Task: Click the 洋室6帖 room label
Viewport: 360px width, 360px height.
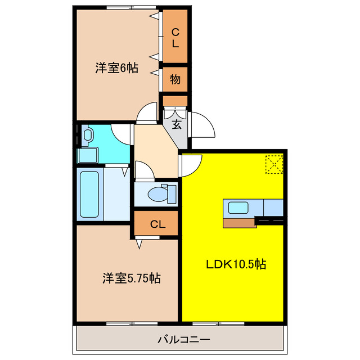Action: (116, 68)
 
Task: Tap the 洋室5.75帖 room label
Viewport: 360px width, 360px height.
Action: (131, 278)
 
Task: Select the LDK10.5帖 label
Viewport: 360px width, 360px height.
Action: (235, 264)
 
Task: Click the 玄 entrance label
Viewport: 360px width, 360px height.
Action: (176, 124)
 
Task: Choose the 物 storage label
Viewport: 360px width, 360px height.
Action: (175, 79)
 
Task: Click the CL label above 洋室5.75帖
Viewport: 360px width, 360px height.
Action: (157, 224)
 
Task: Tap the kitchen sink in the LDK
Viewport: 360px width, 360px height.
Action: (238, 207)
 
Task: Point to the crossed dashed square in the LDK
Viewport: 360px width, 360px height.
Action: (274, 164)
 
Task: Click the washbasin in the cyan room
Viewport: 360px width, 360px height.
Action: (88, 135)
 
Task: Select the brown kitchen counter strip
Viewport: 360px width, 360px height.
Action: (240, 222)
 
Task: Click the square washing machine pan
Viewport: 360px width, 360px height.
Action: (88, 155)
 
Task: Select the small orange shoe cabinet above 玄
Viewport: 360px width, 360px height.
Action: (175, 101)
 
